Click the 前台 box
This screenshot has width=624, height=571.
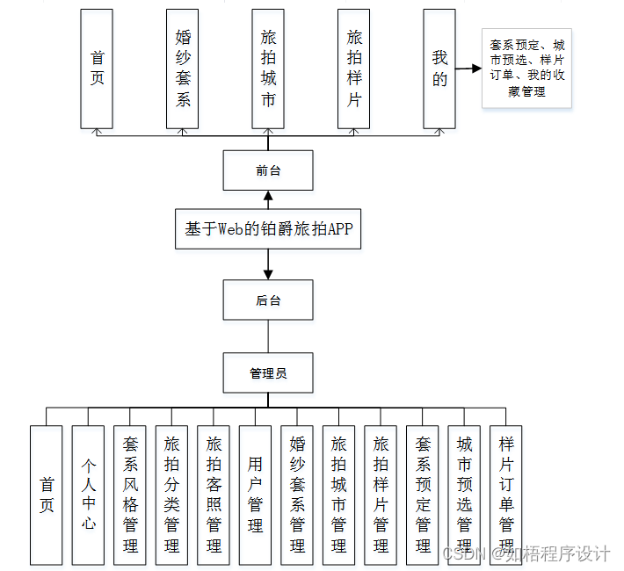[268, 170]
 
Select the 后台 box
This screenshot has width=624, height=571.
[268, 300]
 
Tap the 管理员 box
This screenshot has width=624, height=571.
[268, 373]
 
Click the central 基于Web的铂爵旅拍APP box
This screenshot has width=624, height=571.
[268, 229]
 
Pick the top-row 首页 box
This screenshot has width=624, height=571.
[97, 69]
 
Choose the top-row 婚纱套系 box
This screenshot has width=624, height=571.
[183, 69]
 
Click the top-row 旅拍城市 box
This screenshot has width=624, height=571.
[268, 69]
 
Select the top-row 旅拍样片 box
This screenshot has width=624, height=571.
[354, 69]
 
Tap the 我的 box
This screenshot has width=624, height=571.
[439, 69]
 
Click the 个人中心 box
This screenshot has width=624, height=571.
[88, 495]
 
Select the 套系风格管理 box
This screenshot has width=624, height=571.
[130, 495]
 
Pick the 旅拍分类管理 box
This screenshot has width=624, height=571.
[172, 495]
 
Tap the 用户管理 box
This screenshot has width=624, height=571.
[256, 495]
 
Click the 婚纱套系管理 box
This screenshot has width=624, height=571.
[297, 495]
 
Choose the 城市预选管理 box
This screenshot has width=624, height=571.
[465, 495]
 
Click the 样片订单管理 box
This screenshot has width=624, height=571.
[506, 495]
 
